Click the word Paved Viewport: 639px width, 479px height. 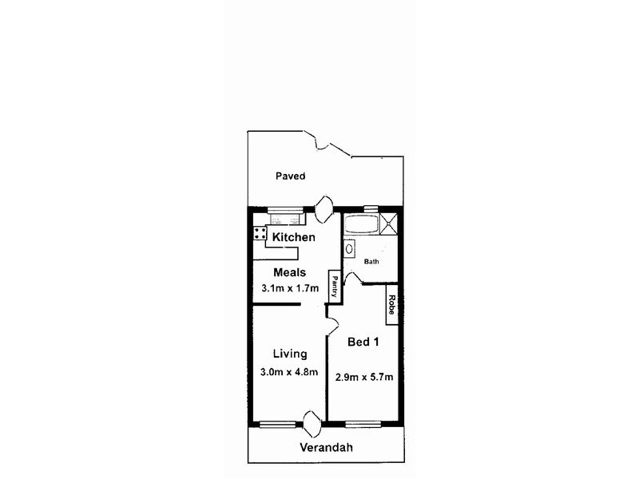290,176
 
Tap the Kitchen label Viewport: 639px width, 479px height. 293,237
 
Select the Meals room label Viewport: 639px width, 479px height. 289,272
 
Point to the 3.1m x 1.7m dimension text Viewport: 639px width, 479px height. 289,288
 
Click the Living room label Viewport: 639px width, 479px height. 289,354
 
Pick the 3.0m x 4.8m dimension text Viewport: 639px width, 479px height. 289,372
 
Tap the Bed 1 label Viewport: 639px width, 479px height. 363,342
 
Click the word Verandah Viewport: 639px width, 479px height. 326,447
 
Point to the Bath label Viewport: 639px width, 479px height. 372,261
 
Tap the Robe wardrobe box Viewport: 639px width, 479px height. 391,306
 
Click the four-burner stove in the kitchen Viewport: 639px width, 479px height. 260,233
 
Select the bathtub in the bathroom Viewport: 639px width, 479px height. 362,224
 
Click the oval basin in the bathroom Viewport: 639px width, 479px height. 349,249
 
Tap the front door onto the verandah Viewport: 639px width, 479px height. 312,423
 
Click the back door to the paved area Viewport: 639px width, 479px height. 324,209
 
